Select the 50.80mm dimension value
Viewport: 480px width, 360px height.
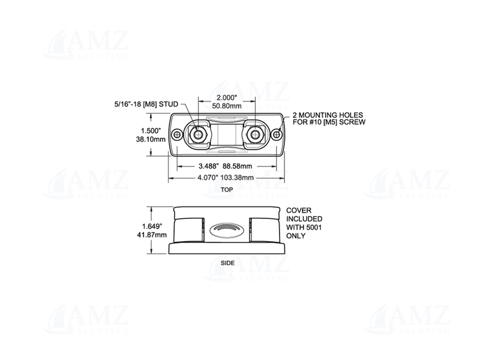[x=226, y=106]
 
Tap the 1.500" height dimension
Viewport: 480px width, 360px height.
[x=150, y=130]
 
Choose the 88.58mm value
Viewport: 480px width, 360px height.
[x=240, y=166]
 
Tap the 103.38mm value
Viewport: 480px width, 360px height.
[x=241, y=178]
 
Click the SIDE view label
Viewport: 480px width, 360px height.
[x=227, y=263]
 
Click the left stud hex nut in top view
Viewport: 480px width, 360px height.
[x=199, y=134]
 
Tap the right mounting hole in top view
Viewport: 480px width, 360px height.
[x=275, y=134]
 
